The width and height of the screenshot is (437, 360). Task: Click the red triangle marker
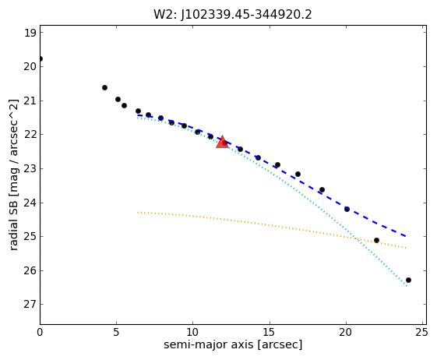tap(223, 143)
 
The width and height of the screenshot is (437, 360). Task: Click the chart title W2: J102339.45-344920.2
tap(233, 15)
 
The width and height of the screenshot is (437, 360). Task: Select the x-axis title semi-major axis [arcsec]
tap(233, 344)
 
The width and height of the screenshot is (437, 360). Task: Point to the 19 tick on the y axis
tap(30, 33)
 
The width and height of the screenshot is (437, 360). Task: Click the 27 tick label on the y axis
tap(30, 304)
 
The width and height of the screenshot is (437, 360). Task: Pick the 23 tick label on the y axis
tap(30, 168)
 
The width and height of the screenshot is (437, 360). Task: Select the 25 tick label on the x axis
tap(421, 332)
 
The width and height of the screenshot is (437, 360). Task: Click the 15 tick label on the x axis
tap(270, 332)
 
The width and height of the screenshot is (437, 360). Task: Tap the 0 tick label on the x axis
tap(41, 332)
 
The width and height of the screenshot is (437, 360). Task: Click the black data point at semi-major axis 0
tap(41, 59)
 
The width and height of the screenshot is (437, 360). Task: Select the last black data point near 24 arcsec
tap(409, 280)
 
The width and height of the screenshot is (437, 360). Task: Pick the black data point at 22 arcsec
tap(376, 240)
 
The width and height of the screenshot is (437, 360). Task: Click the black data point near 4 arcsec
tap(105, 87)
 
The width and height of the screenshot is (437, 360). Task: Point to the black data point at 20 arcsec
tap(347, 209)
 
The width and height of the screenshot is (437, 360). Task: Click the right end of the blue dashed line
tap(406, 236)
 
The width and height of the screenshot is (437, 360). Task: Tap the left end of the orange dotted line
tap(138, 213)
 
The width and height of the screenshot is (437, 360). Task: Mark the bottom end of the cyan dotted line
tap(407, 286)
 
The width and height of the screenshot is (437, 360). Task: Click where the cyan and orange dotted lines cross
tap(357, 239)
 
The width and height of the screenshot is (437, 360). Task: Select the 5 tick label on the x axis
tap(116, 332)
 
